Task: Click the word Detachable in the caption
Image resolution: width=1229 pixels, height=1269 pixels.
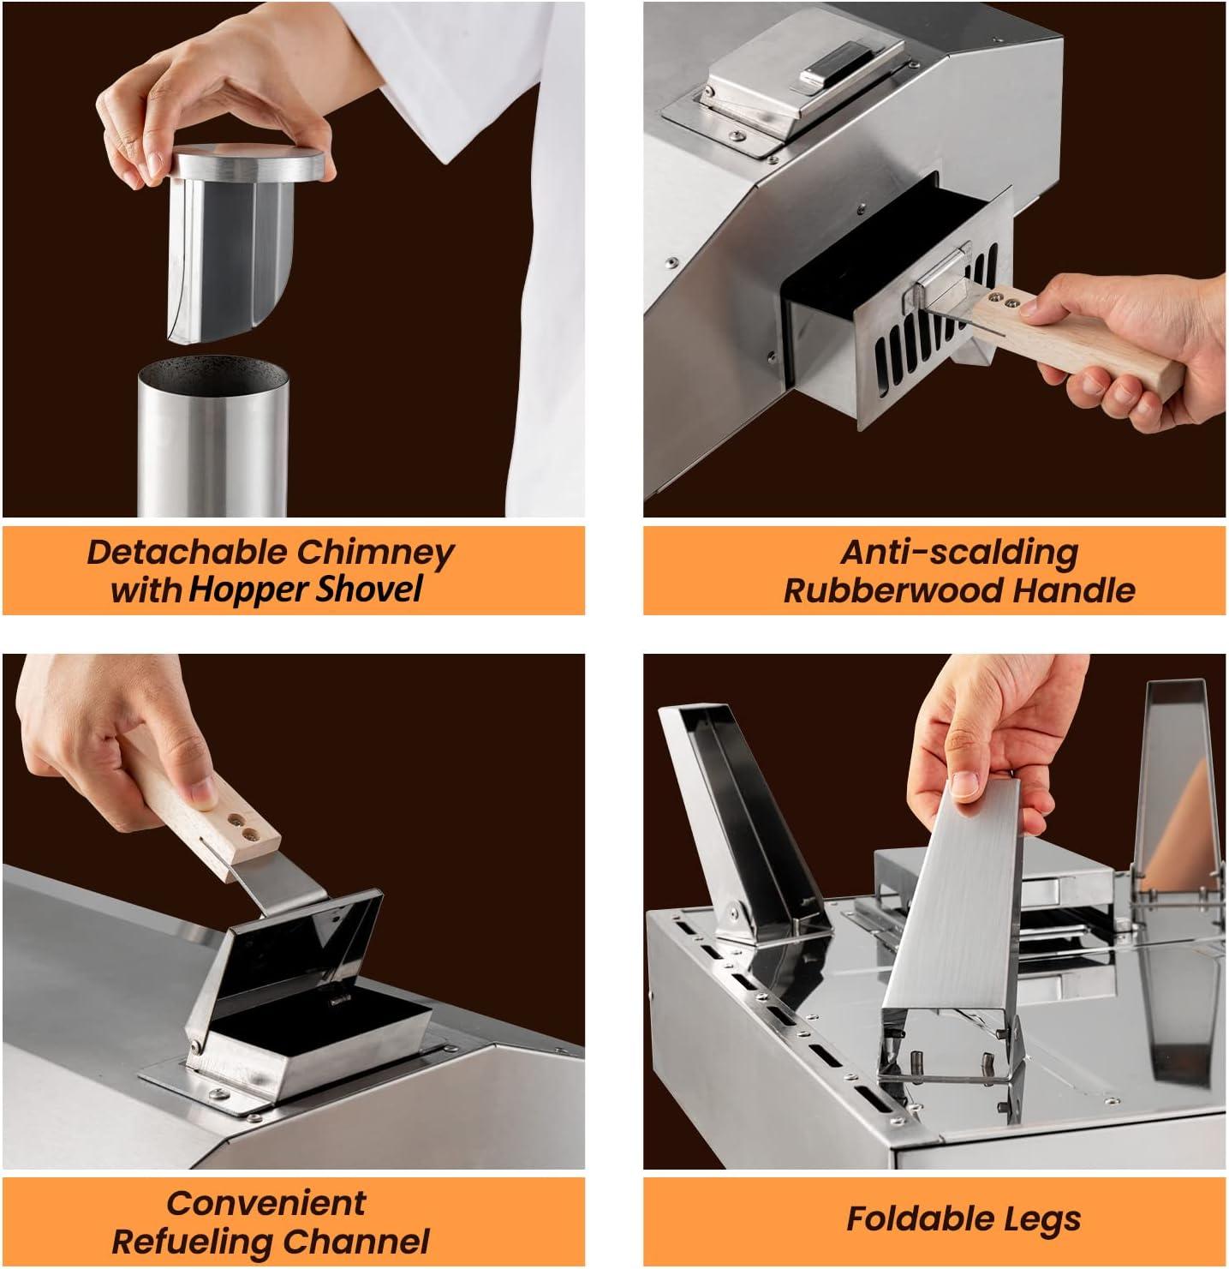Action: pyautogui.click(x=188, y=553)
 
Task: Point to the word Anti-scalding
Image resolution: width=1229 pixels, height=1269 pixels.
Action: pyautogui.click(x=959, y=553)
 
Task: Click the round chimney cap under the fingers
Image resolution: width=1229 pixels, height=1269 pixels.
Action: pyautogui.click(x=247, y=163)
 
